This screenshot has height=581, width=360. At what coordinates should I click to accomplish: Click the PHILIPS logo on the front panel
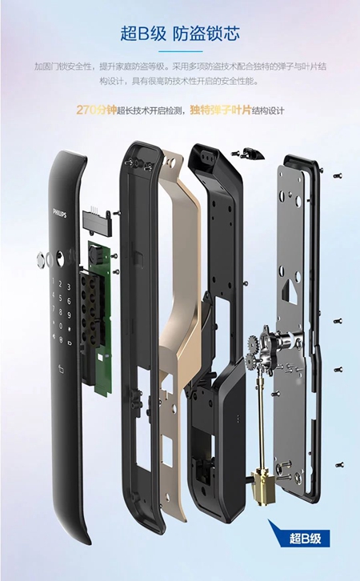click(60, 213)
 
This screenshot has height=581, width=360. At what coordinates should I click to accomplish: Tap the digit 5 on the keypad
click(61, 298)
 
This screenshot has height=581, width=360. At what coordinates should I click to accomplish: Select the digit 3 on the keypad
click(69, 287)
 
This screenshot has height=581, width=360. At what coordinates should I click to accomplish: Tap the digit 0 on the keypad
click(61, 327)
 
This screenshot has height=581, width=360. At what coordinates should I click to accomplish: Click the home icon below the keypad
click(61, 368)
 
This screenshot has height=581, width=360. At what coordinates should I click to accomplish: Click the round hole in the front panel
click(60, 258)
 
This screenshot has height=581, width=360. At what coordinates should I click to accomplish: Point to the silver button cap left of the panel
click(41, 259)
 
